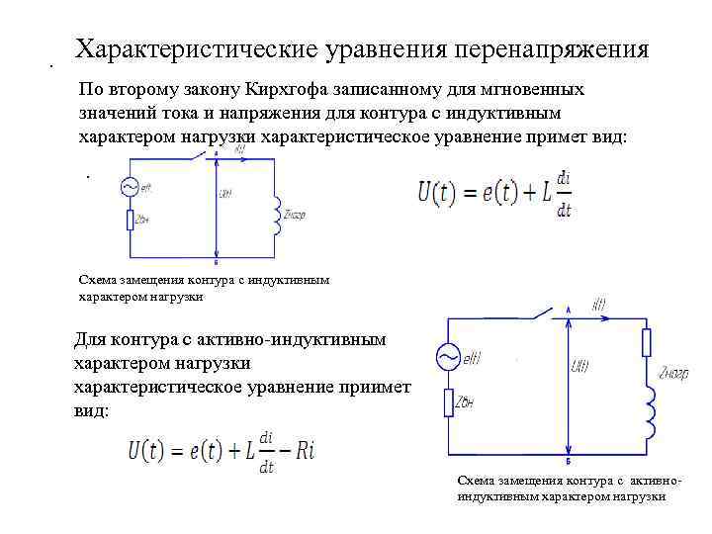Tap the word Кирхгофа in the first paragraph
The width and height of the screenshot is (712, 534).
coord(277,89)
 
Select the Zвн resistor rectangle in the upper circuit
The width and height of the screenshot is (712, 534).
coord(130,221)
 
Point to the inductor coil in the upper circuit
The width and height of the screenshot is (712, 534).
coord(278,214)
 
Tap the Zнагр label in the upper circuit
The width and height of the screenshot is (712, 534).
coord(296,214)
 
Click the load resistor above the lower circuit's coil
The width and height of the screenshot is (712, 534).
coord(647,342)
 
